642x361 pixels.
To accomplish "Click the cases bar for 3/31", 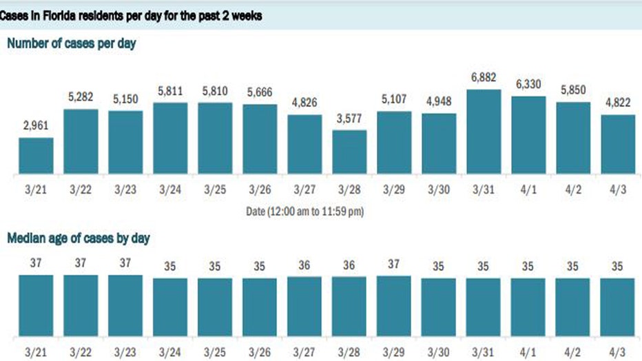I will (484, 132).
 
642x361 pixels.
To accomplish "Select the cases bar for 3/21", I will (36, 156).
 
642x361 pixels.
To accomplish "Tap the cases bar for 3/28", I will (349, 152).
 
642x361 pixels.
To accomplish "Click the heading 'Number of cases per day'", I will (72, 43).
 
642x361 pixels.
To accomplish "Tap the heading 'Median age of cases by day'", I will (79, 238).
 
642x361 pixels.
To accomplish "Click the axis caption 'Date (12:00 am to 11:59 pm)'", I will (304, 212).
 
